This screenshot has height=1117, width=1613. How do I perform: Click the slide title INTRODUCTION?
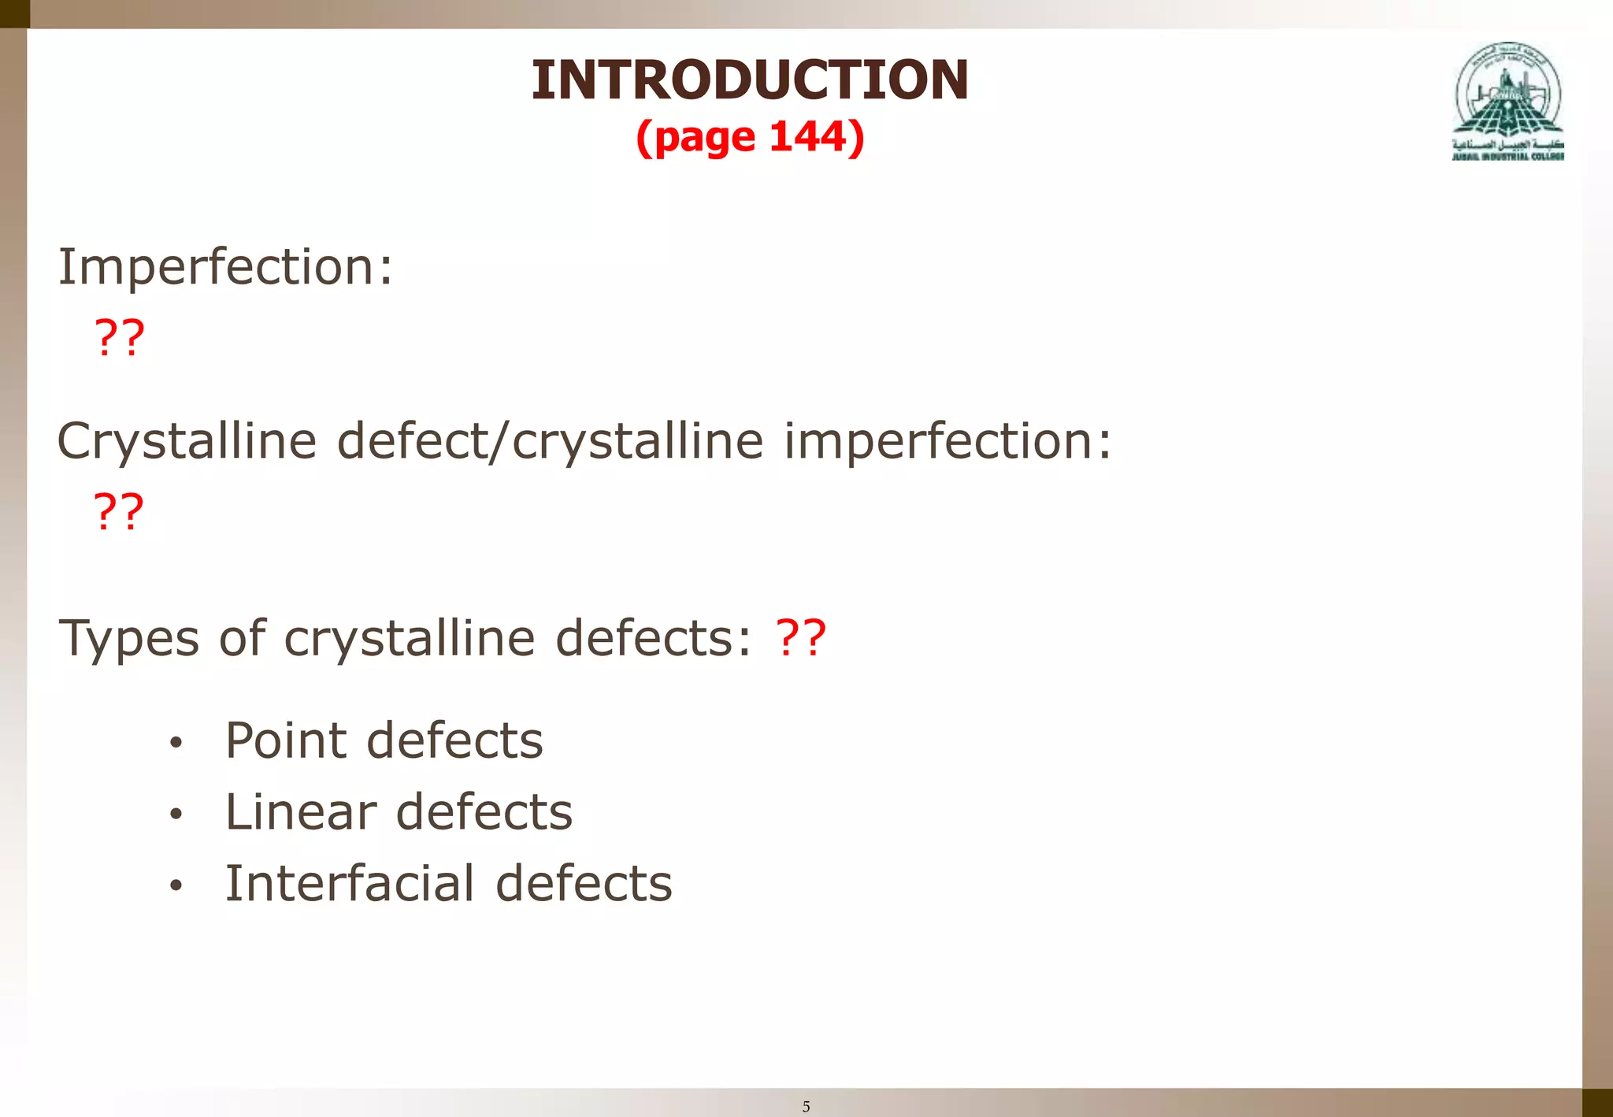pyautogui.click(x=750, y=80)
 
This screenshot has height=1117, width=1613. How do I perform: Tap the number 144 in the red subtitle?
pyautogui.click(x=810, y=137)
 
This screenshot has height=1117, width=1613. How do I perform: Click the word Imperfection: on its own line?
pyautogui.click(x=225, y=268)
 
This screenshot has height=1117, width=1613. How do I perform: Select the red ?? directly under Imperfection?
pyautogui.click(x=120, y=338)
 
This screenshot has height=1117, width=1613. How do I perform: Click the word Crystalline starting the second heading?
pyautogui.click(x=187, y=442)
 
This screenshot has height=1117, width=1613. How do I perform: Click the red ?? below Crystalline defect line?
pyautogui.click(x=119, y=512)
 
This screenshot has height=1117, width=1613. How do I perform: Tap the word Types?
pyautogui.click(x=128, y=639)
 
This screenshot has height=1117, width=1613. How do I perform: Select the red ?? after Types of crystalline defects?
pyautogui.click(x=801, y=638)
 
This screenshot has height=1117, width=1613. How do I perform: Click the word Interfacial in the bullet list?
pyautogui.click(x=350, y=883)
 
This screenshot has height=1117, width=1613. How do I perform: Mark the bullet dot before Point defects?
pyautogui.click(x=176, y=743)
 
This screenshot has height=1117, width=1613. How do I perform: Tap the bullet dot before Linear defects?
pyautogui.click(x=176, y=814)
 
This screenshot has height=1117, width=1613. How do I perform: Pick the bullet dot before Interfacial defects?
pyautogui.click(x=176, y=885)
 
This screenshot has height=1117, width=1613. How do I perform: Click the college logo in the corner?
pyautogui.click(x=1507, y=101)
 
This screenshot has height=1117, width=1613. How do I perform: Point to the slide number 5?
pyautogui.click(x=806, y=1107)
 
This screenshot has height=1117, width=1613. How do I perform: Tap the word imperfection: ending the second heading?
pyautogui.click(x=947, y=442)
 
